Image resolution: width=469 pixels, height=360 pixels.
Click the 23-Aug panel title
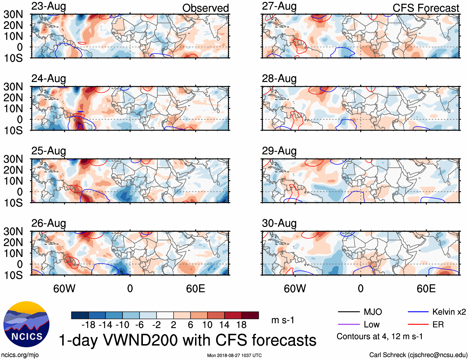click(49, 6)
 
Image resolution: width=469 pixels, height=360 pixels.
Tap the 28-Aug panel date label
click(279, 79)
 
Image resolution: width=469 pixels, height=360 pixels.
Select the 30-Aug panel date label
click(279, 223)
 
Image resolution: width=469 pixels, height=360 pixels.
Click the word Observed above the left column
click(205, 8)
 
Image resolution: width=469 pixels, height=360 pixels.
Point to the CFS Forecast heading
click(426, 8)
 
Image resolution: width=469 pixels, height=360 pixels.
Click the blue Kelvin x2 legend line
click(418, 312)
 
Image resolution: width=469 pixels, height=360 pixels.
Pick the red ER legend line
click(418, 325)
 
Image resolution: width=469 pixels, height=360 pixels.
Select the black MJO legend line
click(349, 312)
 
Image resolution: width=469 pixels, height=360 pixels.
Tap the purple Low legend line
click(349, 325)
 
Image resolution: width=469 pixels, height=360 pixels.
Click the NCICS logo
click(26, 324)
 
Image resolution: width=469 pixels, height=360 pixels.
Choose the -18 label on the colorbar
click(89, 325)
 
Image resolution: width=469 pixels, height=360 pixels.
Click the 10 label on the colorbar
click(207, 325)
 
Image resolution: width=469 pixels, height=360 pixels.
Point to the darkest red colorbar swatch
click(250, 315)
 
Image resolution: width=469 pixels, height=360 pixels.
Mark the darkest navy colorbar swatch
click(80, 315)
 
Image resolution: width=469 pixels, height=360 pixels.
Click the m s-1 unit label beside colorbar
click(283, 320)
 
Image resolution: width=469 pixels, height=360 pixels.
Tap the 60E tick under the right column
click(426, 288)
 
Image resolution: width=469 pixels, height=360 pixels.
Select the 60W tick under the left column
click(64, 288)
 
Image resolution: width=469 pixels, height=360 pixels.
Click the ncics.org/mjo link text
click(20, 355)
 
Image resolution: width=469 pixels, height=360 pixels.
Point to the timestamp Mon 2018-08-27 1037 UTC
click(234, 355)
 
